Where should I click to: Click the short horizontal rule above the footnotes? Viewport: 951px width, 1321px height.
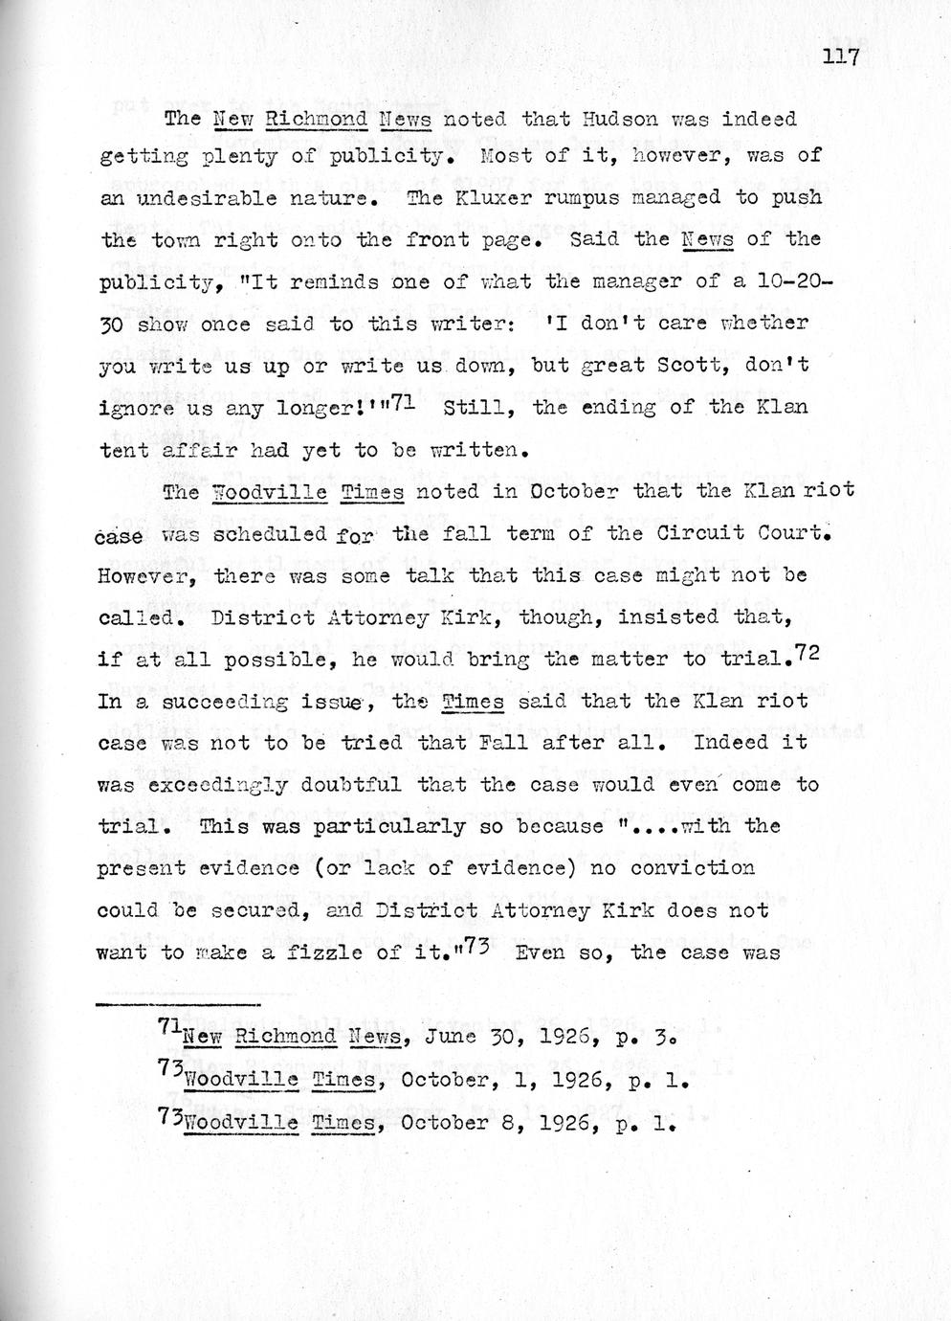coord(179,1003)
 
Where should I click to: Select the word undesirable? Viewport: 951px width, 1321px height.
coord(215,198)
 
